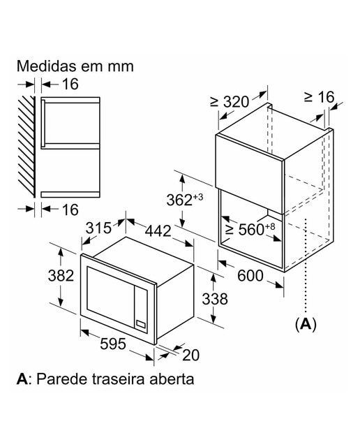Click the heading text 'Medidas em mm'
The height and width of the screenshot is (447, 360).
[x=75, y=66]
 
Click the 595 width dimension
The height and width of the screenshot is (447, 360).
[x=113, y=344]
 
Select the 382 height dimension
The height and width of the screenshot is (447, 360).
[x=61, y=275]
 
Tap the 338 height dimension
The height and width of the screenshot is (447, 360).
[x=215, y=299]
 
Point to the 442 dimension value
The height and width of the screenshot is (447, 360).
[x=158, y=230]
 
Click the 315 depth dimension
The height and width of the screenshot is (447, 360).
[x=98, y=228]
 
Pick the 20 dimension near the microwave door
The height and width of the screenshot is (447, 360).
[x=191, y=356]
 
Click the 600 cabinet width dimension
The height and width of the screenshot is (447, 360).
[x=250, y=276]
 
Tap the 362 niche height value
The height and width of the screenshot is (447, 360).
[x=179, y=200]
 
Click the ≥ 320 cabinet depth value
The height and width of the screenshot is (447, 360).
[x=230, y=102]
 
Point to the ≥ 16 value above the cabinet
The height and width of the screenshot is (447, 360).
[x=319, y=97]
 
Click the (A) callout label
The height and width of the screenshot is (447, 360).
[x=306, y=324]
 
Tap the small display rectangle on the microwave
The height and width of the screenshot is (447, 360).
[x=141, y=324]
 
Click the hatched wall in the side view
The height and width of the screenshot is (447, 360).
[x=27, y=146]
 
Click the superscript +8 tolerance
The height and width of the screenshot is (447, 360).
[x=270, y=226]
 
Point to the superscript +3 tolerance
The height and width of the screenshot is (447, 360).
[x=198, y=197]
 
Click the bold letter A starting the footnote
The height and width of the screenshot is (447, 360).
[x=22, y=379]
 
